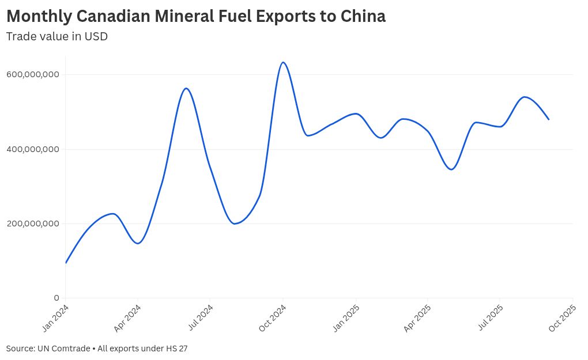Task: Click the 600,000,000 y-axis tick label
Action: [x=33, y=74]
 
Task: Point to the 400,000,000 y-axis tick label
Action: [x=33, y=149]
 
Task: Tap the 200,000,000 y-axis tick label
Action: [x=33, y=223]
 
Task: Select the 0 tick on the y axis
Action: [x=56, y=298]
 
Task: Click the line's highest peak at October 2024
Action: [x=282, y=62]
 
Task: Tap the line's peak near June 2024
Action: [x=186, y=88]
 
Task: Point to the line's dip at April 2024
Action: [x=138, y=243]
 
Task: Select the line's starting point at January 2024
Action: [x=66, y=263]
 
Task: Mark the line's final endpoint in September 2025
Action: [x=549, y=119]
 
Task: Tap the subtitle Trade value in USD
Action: [x=57, y=36]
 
